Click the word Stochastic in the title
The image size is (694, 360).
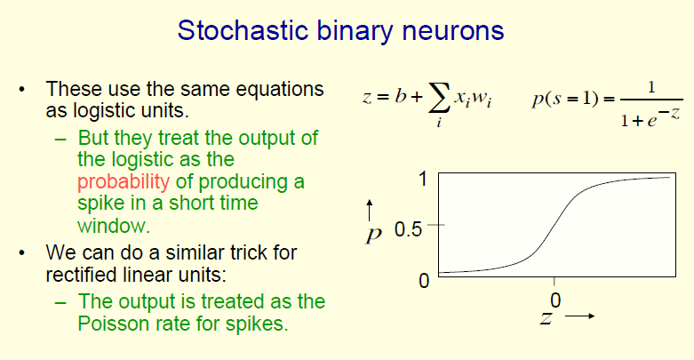[x=243, y=30]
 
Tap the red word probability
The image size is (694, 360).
[x=124, y=182]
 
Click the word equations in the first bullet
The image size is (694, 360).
[x=280, y=90]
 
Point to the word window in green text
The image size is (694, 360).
[x=114, y=226]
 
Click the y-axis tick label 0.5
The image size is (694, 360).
[x=408, y=229]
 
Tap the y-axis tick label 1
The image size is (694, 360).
[x=423, y=179]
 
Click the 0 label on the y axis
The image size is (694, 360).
[x=424, y=281]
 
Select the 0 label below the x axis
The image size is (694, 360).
[x=555, y=300]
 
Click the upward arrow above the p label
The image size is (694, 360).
[x=370, y=210]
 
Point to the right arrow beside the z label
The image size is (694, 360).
[x=579, y=316]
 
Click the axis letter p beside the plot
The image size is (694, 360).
[x=373, y=235]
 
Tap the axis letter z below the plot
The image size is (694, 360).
[x=546, y=317]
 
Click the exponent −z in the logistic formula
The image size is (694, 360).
[x=668, y=115]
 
